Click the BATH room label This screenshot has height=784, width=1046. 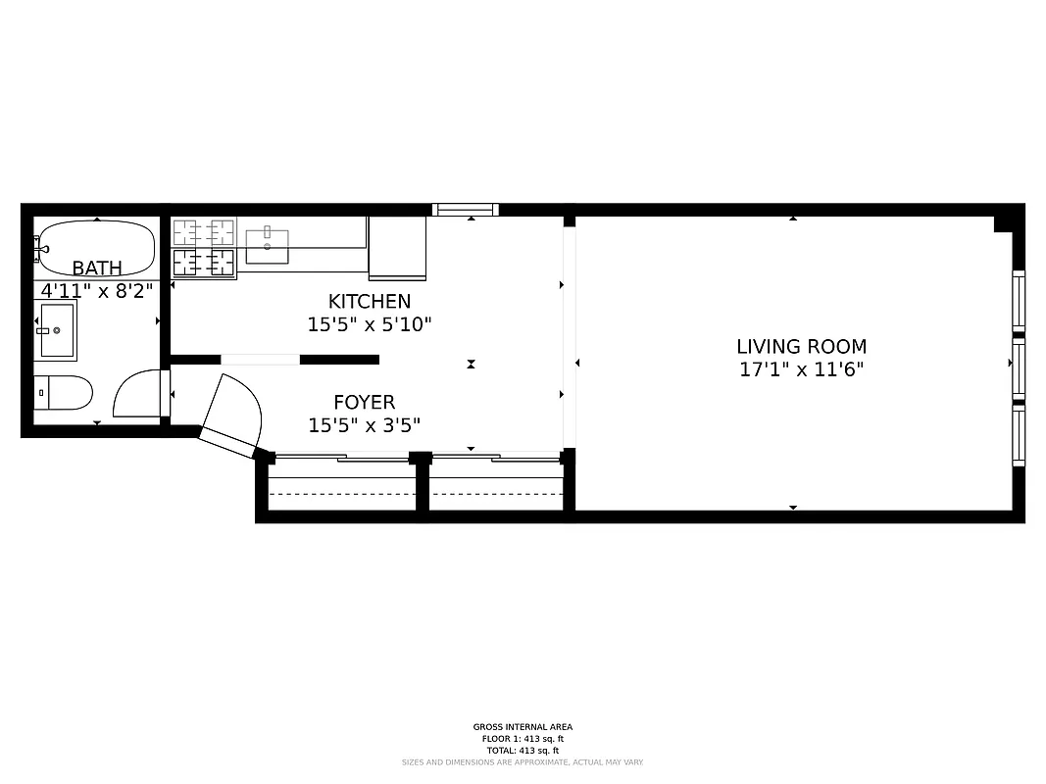coord(97,268)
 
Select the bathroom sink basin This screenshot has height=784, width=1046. coord(57,330)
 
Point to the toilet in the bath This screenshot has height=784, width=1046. coord(64,393)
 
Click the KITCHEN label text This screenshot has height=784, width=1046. coord(370,302)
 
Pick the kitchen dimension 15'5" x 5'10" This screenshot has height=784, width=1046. coord(370,324)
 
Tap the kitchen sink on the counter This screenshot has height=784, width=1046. coord(267,246)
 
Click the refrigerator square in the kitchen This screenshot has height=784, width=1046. coord(397,248)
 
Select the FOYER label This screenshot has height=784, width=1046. coord(365,402)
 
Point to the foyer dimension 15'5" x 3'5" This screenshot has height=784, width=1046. coord(365,425)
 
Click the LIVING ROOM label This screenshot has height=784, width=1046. coord(802,347)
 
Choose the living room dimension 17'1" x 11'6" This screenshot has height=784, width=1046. coord(802,370)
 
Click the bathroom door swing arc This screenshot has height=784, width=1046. coord(137,394)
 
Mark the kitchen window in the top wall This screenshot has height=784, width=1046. coord(466,209)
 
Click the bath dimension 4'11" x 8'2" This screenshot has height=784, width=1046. coord(97,290)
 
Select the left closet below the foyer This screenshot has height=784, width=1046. coord(342,485)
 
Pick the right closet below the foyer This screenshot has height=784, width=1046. coord(497,485)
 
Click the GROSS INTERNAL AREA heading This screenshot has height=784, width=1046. coord(523,727)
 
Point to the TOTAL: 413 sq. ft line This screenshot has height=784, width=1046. coord(523,751)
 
